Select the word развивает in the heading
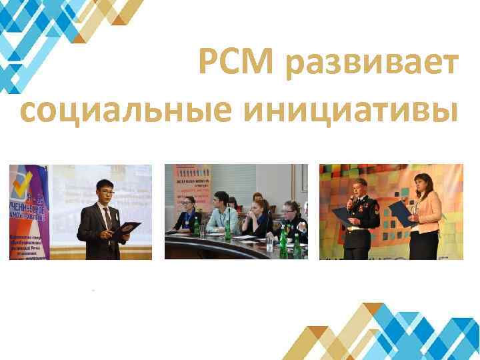click(x=372, y=65)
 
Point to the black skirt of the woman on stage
click(x=424, y=245)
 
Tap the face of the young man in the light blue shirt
click(x=221, y=201)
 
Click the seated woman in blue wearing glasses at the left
click(x=187, y=215)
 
